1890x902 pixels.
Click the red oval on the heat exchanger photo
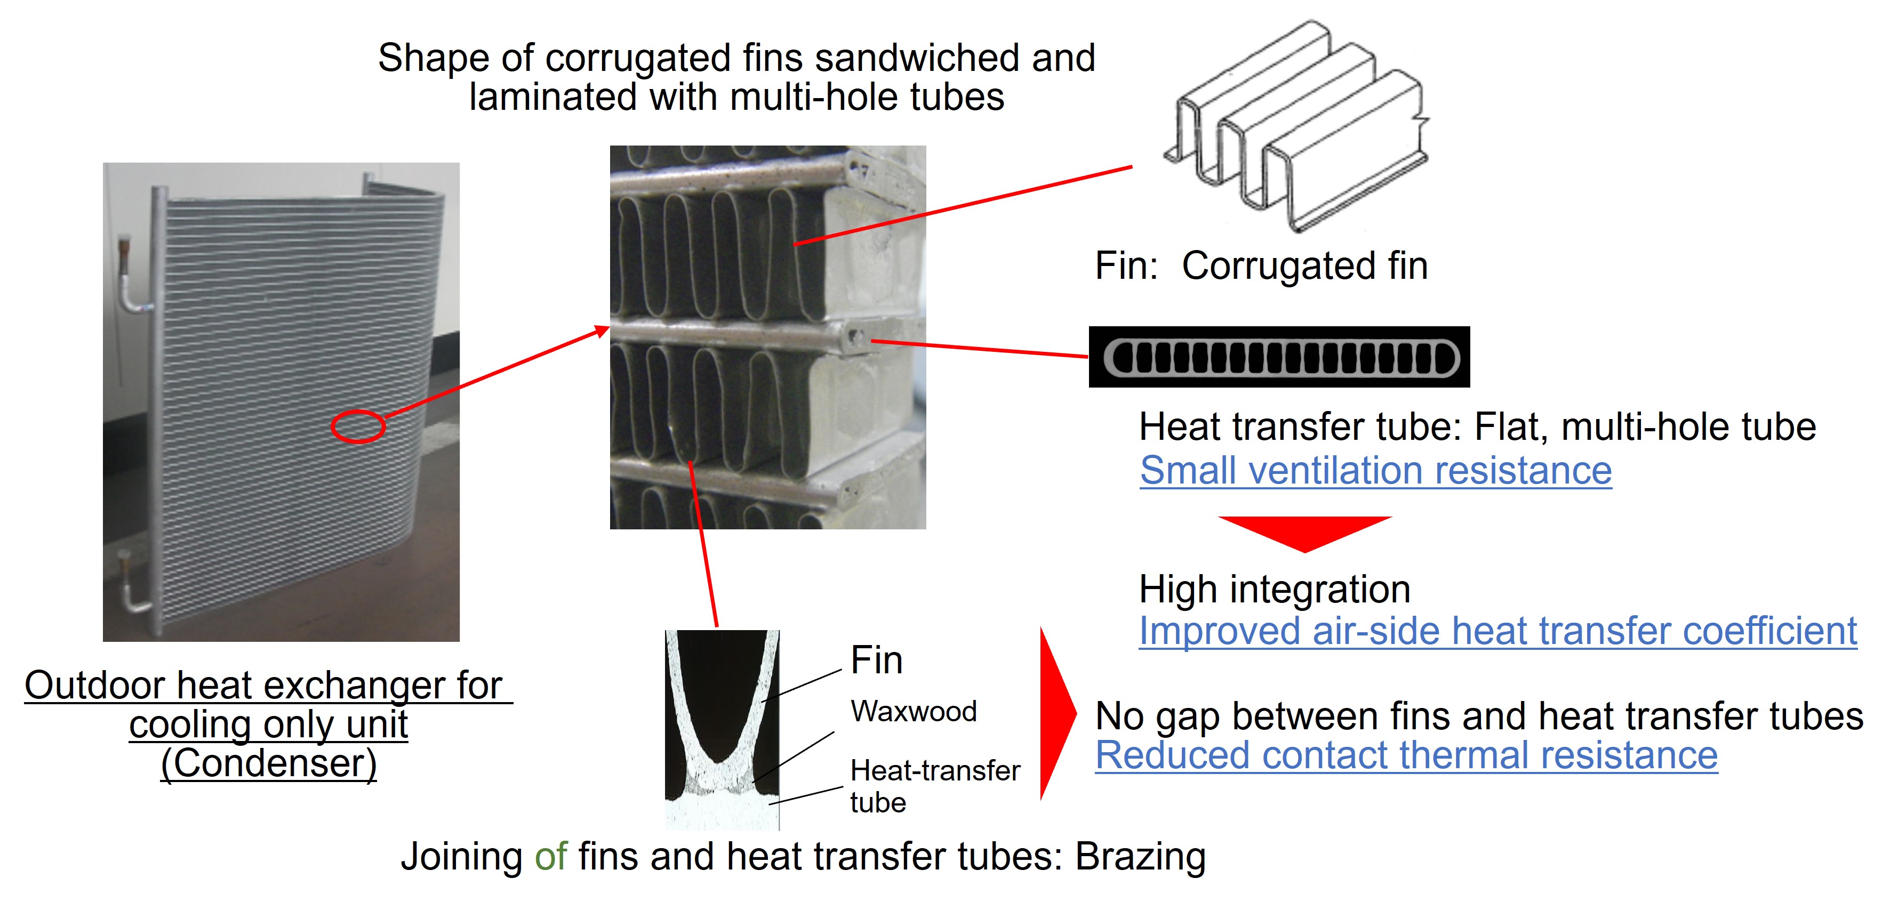[358, 426]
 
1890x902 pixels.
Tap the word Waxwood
[914, 711]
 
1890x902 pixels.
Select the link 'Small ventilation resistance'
[1376, 471]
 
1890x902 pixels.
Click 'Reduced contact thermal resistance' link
[1406, 755]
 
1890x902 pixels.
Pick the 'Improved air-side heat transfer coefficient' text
[1497, 631]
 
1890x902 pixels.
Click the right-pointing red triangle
[1056, 713]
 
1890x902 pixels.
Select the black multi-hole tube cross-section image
[1279, 357]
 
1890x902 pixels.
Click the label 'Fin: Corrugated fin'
[1261, 265]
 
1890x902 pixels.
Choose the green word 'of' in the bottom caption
[550, 857]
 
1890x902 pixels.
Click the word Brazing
[1140, 857]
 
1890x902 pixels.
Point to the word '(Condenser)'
[269, 763]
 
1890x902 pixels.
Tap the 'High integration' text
[1275, 590]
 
